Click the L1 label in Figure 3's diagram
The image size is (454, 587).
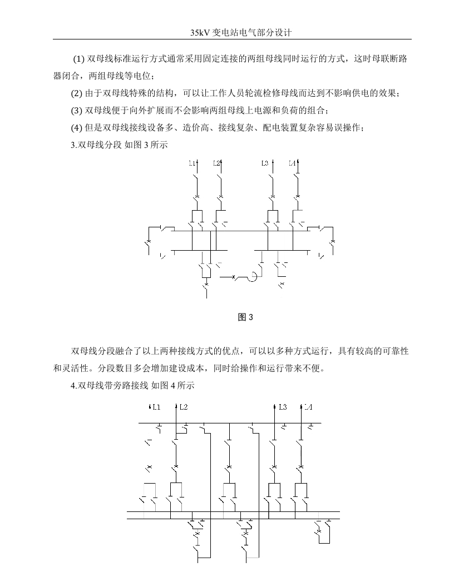(x=192, y=163)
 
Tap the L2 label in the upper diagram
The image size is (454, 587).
(x=216, y=163)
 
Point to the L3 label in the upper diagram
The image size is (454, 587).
(x=265, y=163)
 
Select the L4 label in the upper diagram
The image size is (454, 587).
(x=292, y=163)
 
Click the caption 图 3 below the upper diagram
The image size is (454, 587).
(x=245, y=317)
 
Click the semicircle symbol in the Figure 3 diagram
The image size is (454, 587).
(x=254, y=277)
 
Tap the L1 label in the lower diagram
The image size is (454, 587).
(x=156, y=407)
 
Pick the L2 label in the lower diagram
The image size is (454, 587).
(x=184, y=407)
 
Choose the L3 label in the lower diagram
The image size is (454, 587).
(x=283, y=407)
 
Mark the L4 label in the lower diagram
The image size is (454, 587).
(x=308, y=407)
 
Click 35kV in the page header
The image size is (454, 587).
(x=200, y=33)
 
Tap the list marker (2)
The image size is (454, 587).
(x=76, y=93)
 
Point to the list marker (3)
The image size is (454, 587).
(x=76, y=111)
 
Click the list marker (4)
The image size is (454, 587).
(x=76, y=128)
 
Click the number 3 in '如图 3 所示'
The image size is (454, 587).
(x=146, y=145)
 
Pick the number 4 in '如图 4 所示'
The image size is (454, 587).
(x=173, y=385)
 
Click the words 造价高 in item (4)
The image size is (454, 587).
(x=196, y=128)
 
